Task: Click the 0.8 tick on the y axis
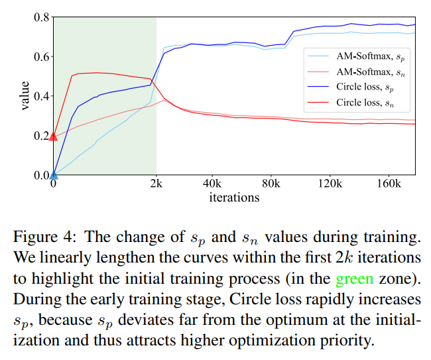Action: tap(41, 17)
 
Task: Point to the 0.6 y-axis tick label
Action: tap(41, 56)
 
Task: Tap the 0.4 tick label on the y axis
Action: tap(41, 96)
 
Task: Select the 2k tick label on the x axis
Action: tap(156, 184)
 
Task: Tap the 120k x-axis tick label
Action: tap(329, 184)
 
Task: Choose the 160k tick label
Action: tap(387, 184)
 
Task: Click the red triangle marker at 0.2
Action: tap(54, 136)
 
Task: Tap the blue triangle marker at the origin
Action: tap(54, 175)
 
